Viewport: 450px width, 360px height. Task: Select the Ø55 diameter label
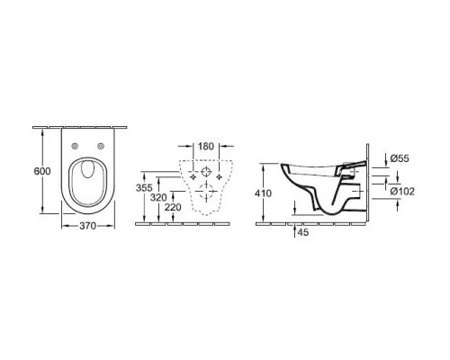click(400, 158)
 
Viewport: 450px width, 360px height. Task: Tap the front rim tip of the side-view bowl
click(283, 166)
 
